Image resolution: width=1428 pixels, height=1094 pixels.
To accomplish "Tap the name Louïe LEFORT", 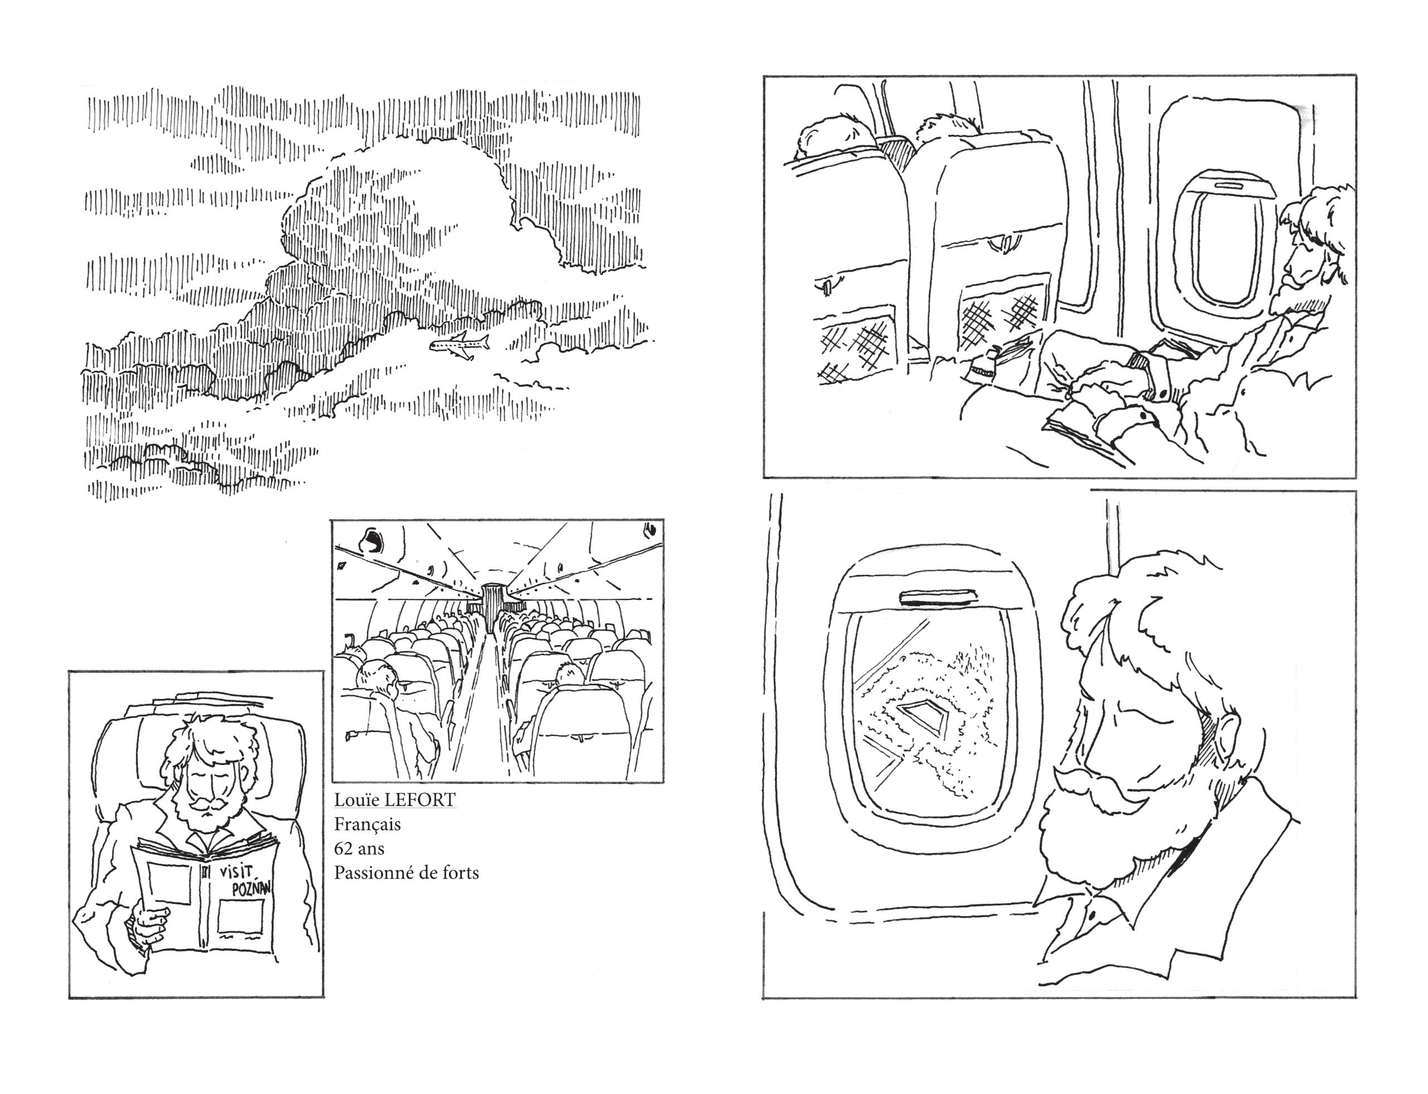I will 395,800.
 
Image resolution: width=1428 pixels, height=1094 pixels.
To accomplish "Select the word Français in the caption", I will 368,825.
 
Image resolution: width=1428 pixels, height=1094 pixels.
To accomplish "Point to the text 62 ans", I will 359,849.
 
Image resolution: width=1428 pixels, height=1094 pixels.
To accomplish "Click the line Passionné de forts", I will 407,873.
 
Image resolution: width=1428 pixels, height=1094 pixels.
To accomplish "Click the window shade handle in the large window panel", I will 938,596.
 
